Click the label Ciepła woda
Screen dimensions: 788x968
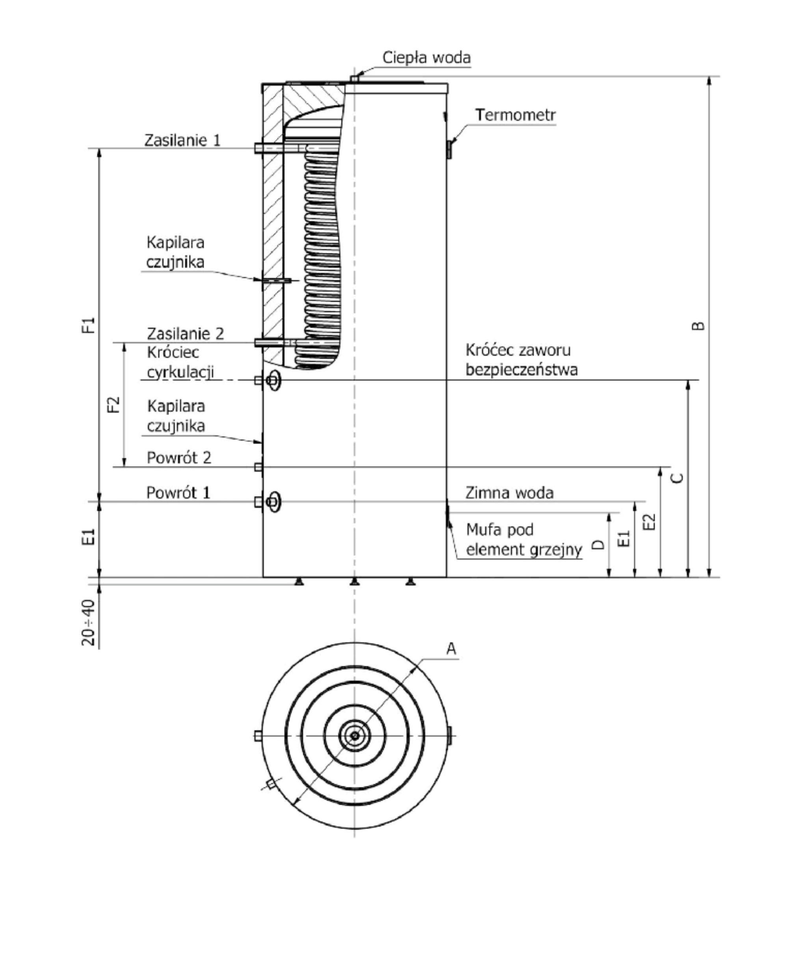[426, 58]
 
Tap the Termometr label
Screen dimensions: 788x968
[515, 115]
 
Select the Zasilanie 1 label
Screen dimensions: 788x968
[182, 140]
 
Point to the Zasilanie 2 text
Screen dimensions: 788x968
[185, 334]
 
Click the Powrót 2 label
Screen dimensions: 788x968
[179, 457]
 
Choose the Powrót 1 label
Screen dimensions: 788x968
[178, 492]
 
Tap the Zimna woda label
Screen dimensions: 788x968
[509, 493]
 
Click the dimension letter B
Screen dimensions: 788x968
[699, 326]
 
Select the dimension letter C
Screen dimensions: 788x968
[677, 478]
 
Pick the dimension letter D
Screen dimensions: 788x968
[599, 545]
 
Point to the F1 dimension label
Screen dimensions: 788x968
[89, 325]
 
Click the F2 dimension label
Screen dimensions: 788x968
[113, 404]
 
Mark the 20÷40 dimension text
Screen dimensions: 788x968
[89, 623]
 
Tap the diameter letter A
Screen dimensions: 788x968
[451, 649]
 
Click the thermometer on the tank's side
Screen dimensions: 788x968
[449, 149]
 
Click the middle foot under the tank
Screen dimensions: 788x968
[355, 582]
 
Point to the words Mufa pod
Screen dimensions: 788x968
[500, 530]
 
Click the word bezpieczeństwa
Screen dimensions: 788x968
[522, 370]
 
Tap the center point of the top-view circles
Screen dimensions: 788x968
[355, 735]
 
